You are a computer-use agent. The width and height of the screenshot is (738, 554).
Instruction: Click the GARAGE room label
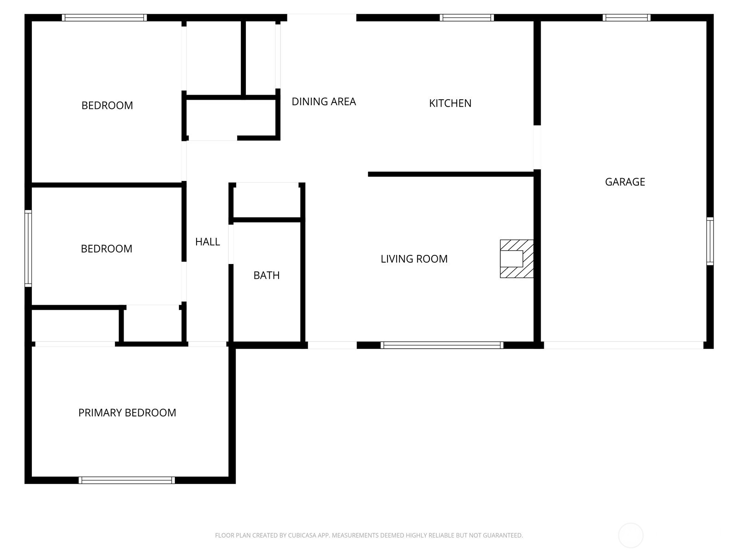pos(625,182)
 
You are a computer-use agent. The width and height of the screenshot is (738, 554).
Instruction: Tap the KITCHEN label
pos(450,103)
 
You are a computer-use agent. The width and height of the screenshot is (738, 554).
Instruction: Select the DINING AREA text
pos(324,102)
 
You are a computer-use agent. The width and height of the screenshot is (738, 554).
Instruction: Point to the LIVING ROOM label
pos(414,259)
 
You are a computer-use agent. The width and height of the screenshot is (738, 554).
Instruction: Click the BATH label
pos(267,276)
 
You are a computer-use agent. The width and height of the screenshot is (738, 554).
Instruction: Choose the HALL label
pos(208,242)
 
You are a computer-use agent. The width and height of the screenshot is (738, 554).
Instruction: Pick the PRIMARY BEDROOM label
pos(127,413)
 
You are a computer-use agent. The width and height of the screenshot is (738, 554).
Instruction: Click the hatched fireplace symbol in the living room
pos(517,259)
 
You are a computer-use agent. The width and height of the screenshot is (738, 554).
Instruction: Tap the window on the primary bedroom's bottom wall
pos(127,480)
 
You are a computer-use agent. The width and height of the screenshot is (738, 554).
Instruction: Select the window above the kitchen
pos(467,18)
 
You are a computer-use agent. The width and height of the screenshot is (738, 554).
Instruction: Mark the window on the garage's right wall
pos(710,241)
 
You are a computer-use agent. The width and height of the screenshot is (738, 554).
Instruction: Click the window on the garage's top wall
pos(626,18)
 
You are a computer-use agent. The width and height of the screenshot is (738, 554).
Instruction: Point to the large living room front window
pos(442,345)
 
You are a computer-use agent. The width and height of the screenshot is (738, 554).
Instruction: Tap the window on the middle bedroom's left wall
pos(28,248)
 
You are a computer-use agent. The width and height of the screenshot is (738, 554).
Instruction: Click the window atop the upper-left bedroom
pos(105,18)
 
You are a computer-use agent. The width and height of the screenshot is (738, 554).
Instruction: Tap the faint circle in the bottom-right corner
pos(631,536)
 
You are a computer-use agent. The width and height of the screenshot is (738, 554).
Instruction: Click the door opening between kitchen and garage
pos(537,147)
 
